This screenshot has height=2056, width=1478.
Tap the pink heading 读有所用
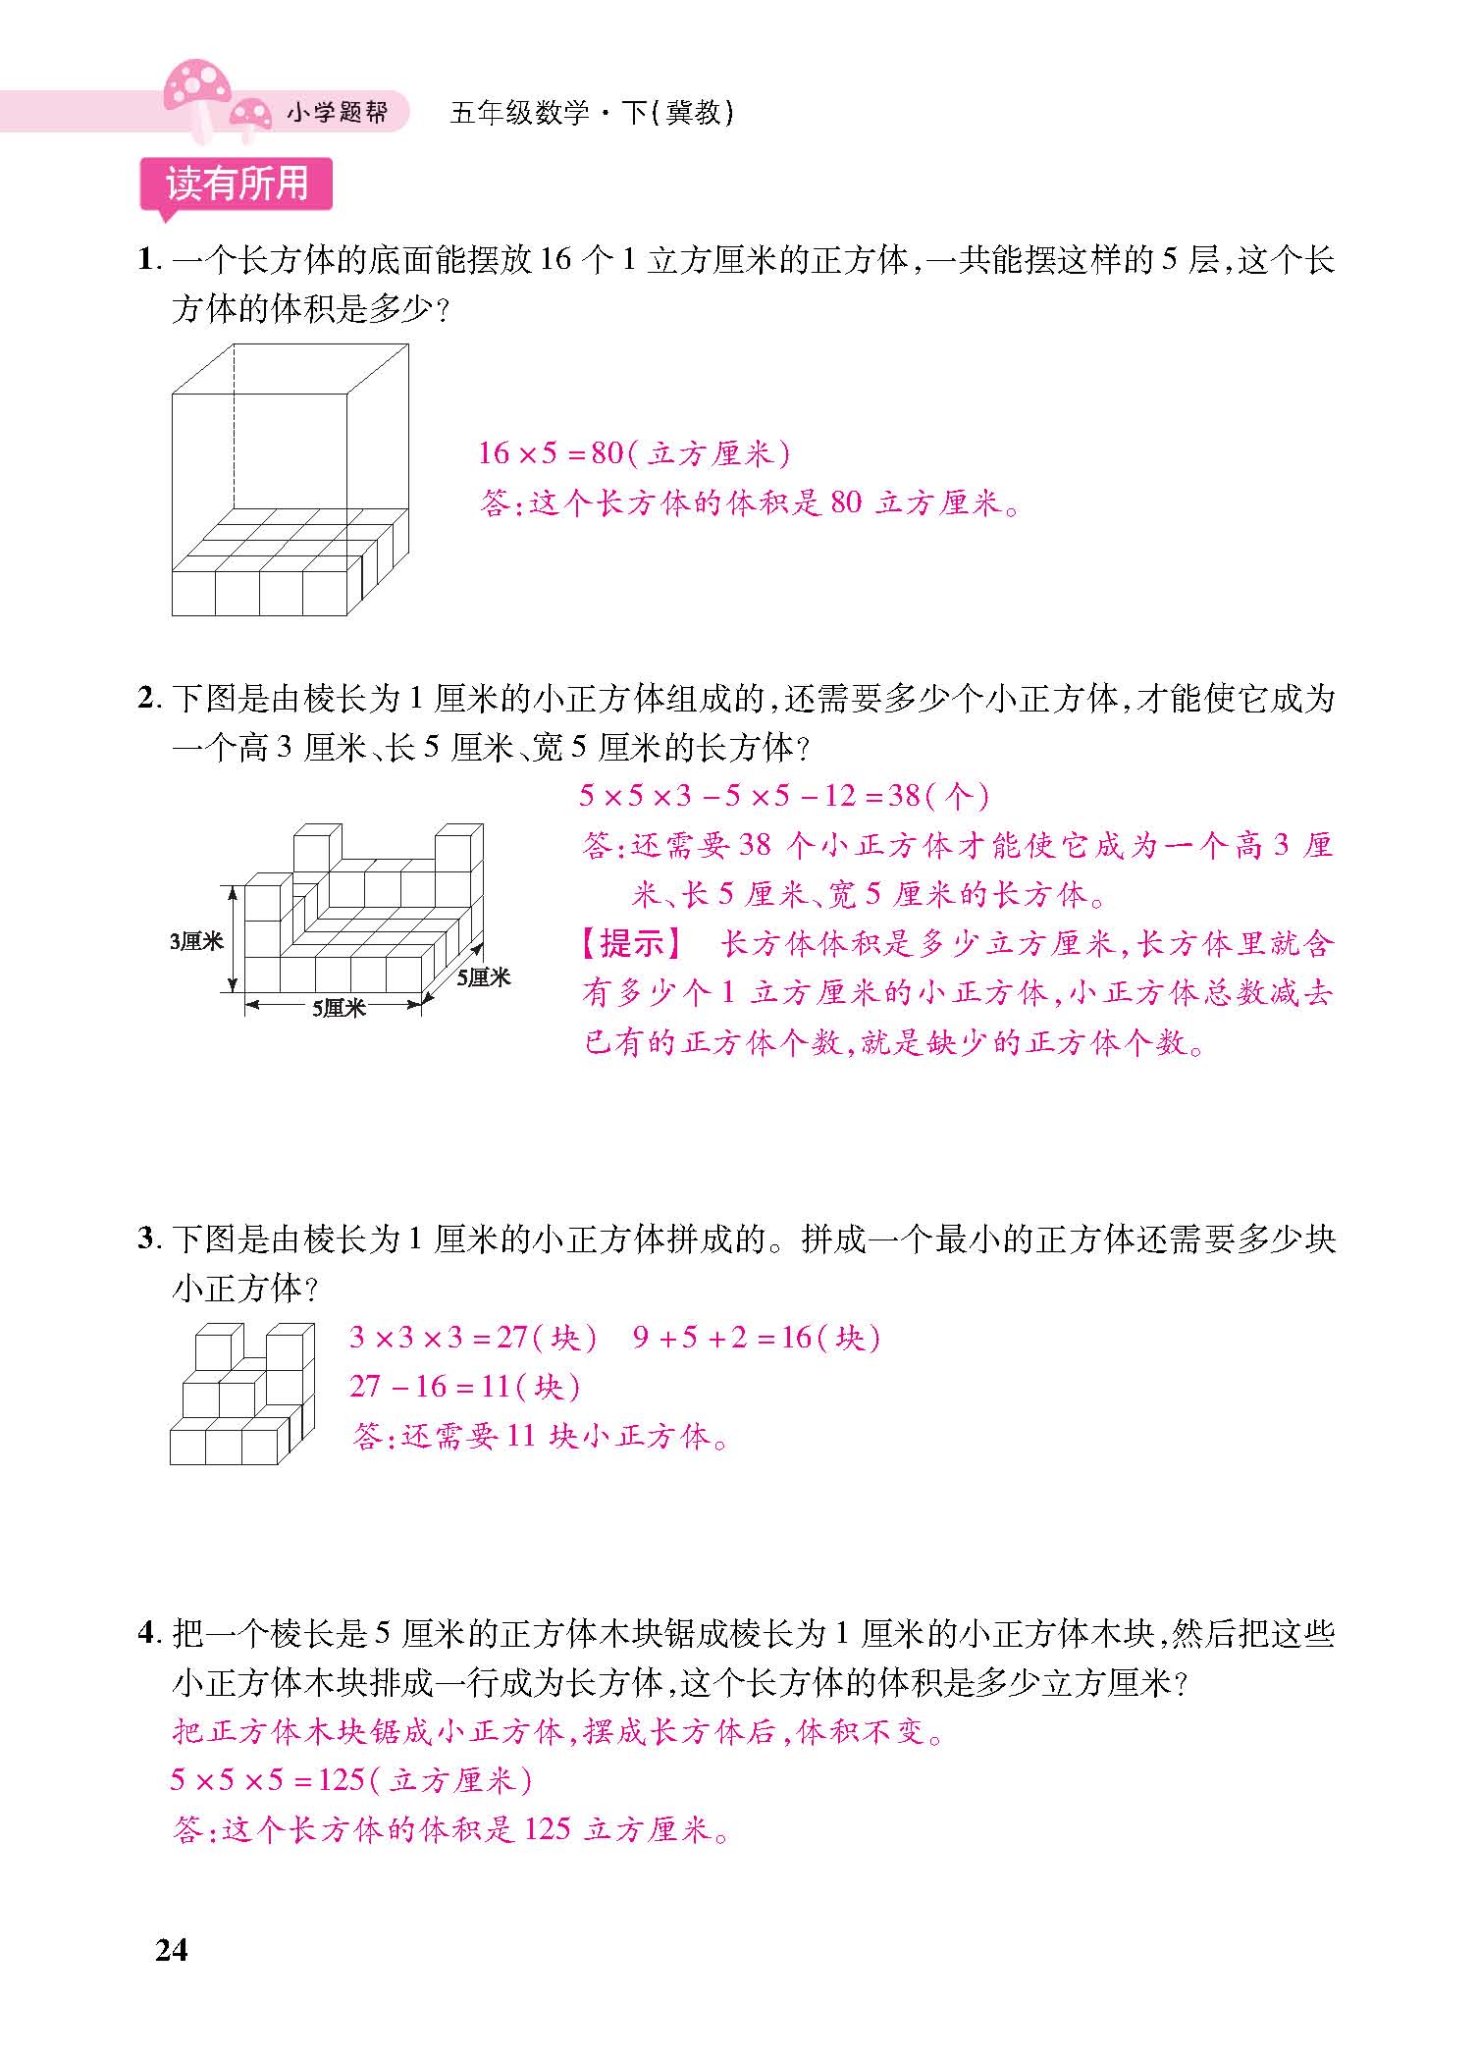tap(237, 184)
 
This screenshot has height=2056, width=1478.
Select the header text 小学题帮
tap(337, 113)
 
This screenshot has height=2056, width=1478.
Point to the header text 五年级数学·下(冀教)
tap(592, 113)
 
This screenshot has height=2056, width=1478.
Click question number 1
tap(147, 261)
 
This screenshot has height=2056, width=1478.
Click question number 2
tap(147, 700)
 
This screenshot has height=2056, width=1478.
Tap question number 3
tap(147, 1240)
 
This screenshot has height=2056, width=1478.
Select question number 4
tap(147, 1634)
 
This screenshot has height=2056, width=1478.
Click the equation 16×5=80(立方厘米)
tap(634, 453)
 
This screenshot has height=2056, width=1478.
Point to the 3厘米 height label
tap(196, 941)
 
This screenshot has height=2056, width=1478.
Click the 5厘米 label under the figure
tap(339, 1008)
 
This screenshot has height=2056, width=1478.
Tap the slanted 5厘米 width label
tap(484, 977)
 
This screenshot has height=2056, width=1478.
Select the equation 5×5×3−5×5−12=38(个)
tap(783, 796)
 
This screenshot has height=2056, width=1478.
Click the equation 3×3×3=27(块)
tap(473, 1338)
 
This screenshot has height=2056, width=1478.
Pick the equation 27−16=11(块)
tap(465, 1387)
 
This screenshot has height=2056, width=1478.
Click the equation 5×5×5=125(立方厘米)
tap(351, 1780)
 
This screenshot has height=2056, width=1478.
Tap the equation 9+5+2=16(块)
tap(757, 1338)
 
